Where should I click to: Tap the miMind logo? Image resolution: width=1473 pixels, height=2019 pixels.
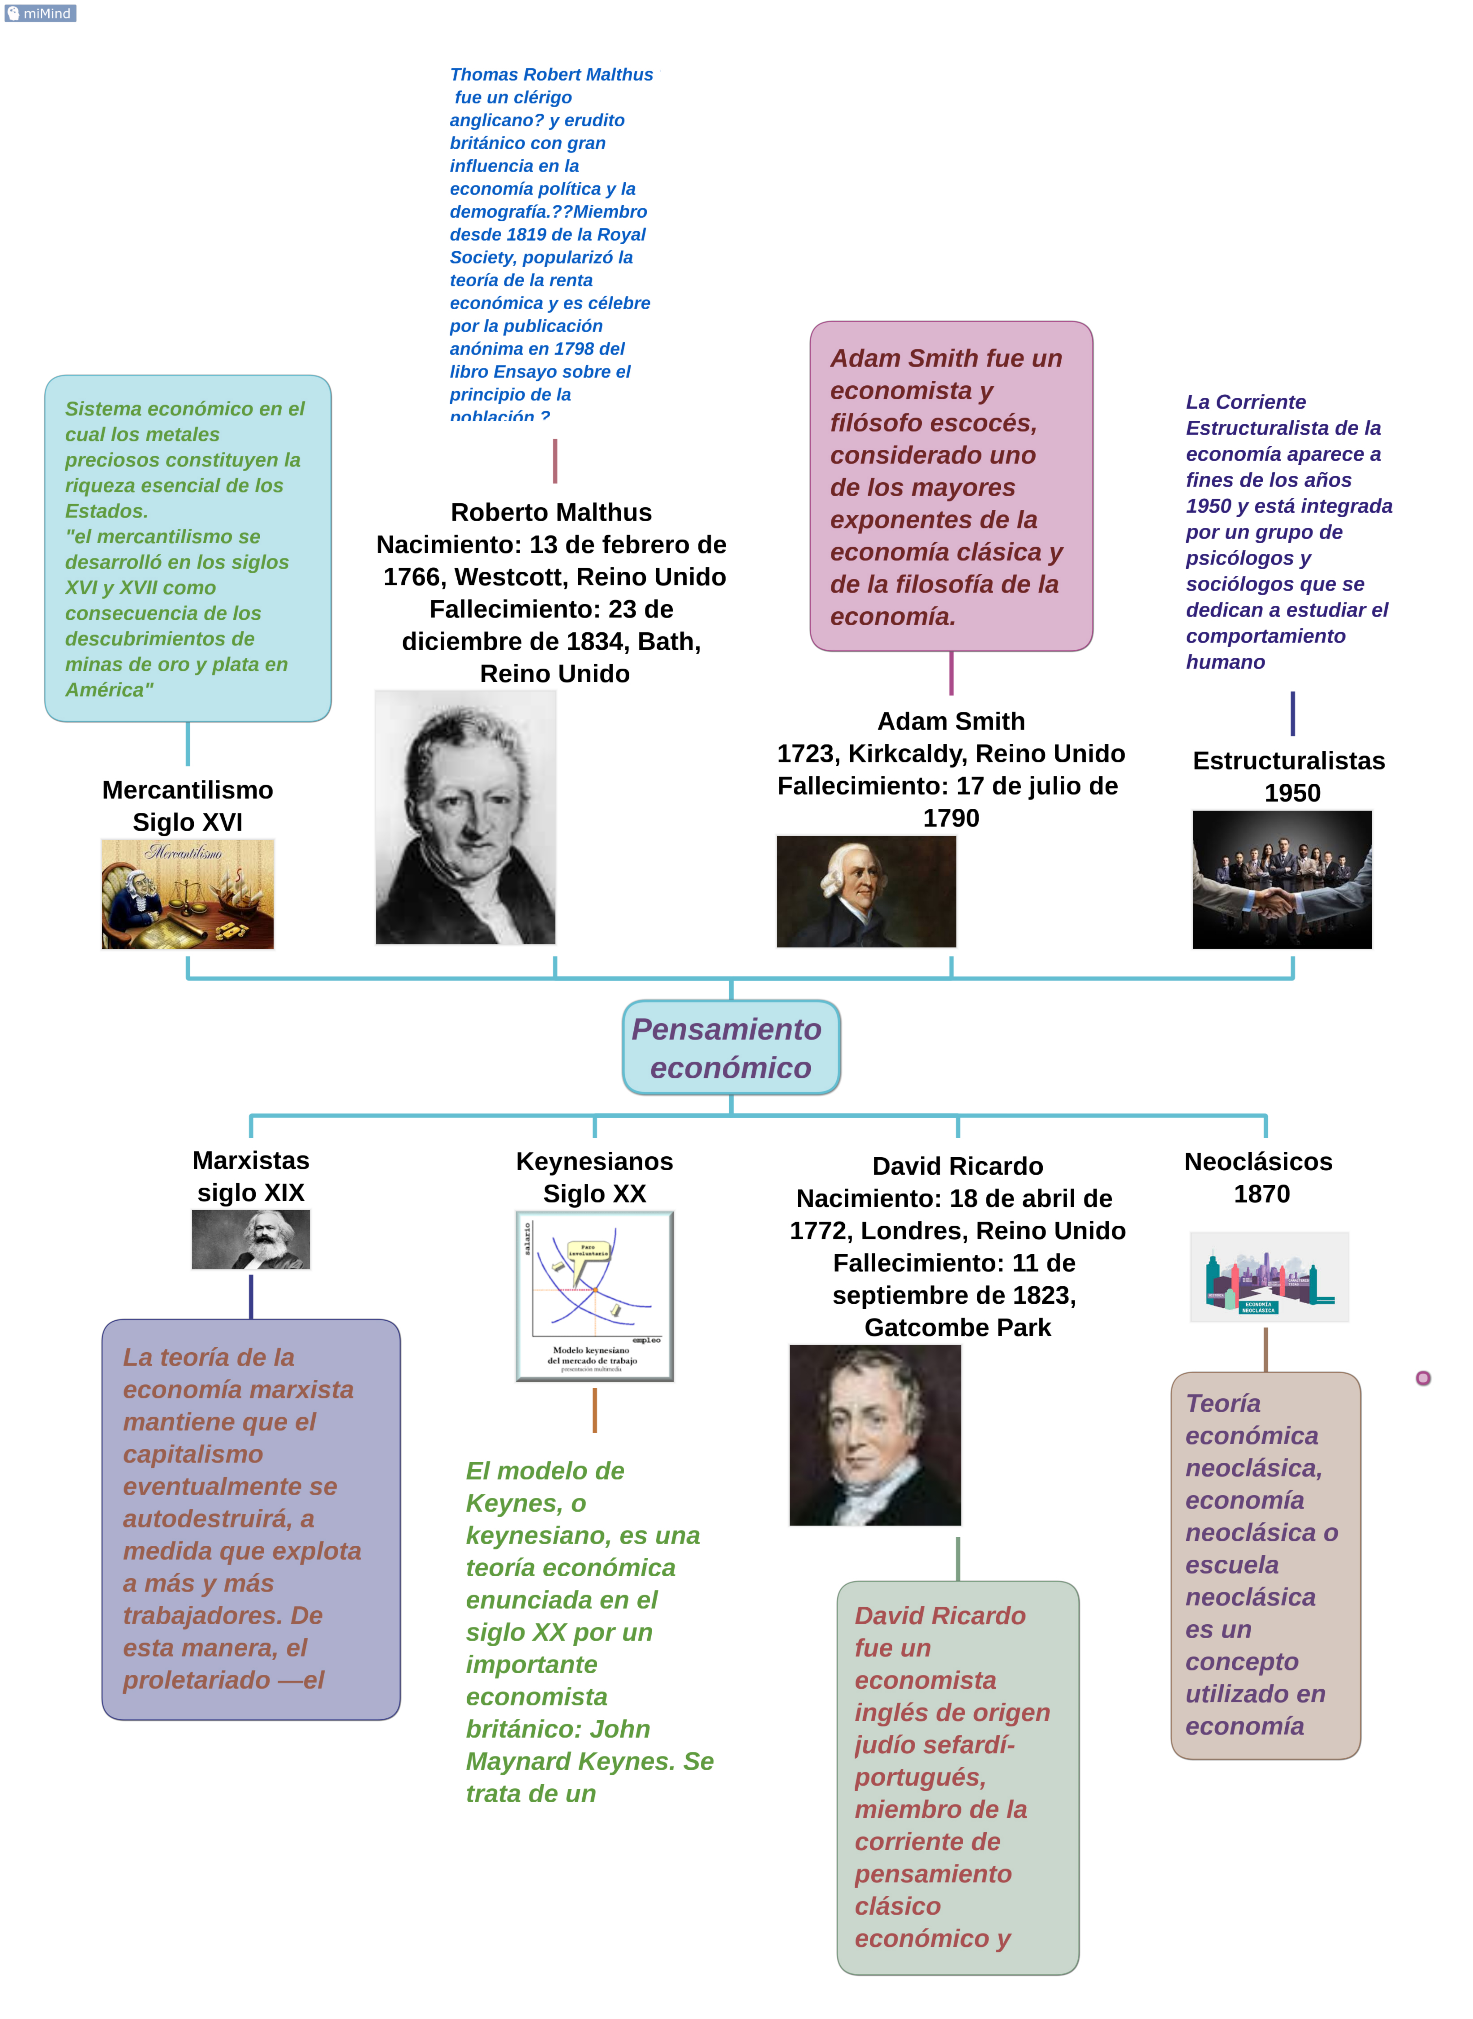pos(40,13)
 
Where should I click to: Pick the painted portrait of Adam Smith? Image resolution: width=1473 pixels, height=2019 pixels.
pos(866,891)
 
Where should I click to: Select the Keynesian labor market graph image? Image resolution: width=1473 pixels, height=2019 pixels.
pos(595,1296)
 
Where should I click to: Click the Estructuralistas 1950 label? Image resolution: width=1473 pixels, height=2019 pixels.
pos(1289,776)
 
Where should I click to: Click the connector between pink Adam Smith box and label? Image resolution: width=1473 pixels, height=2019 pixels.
pos(951,673)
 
